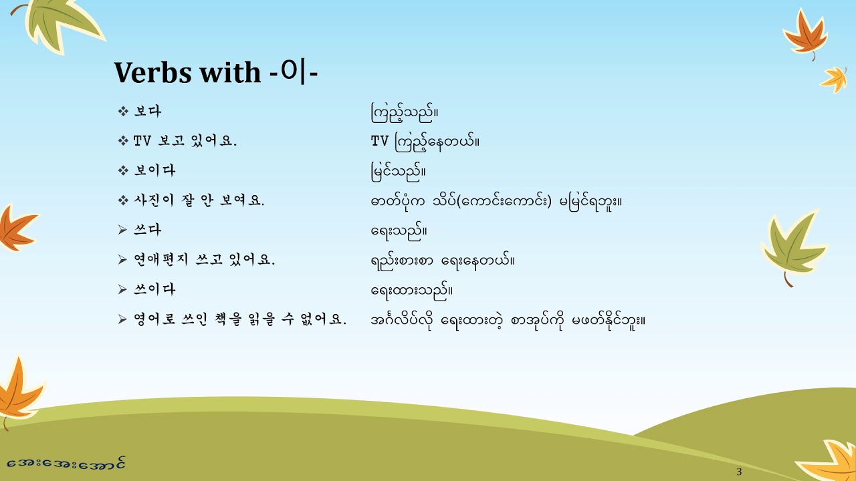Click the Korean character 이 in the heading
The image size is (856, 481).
292,72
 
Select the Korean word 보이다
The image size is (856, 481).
154,170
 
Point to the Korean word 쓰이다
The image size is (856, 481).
154,290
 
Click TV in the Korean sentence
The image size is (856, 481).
142,141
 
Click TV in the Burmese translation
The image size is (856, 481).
379,141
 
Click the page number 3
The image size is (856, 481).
739,472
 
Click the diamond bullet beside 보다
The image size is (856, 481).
122,112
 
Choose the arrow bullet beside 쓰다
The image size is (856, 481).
122,230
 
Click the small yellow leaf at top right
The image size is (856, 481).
835,78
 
